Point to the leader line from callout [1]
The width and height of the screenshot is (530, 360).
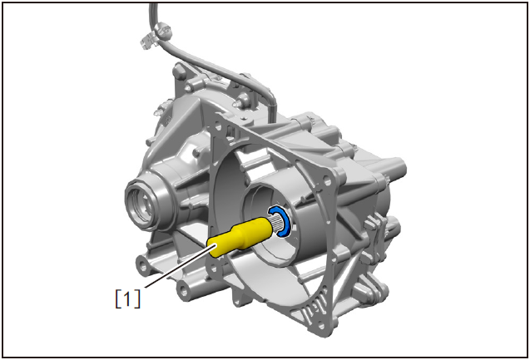point(179,267)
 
